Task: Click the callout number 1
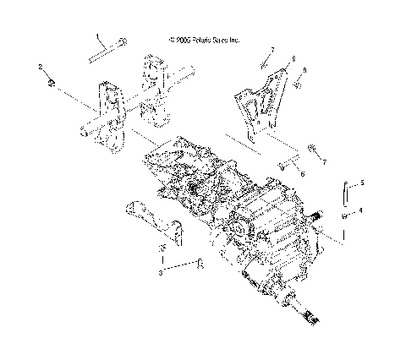(97, 36)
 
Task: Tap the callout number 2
(40, 65)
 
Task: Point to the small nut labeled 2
(52, 82)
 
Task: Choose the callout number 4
(361, 210)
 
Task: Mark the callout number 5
(361, 182)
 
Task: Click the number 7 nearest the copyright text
(272, 50)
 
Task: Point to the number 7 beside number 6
(322, 160)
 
